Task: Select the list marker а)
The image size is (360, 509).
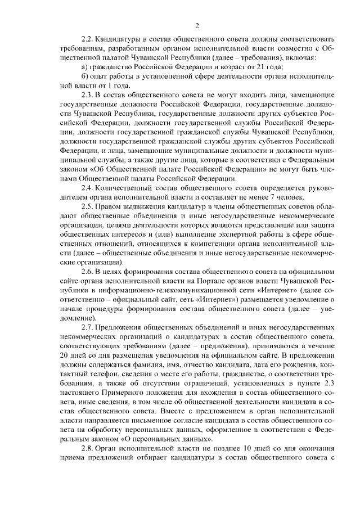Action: click(x=84, y=67)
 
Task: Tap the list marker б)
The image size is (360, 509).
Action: click(x=84, y=77)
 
